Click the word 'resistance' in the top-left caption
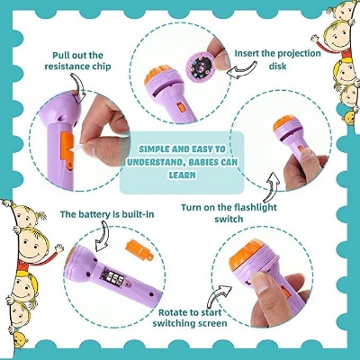point(62,66)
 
